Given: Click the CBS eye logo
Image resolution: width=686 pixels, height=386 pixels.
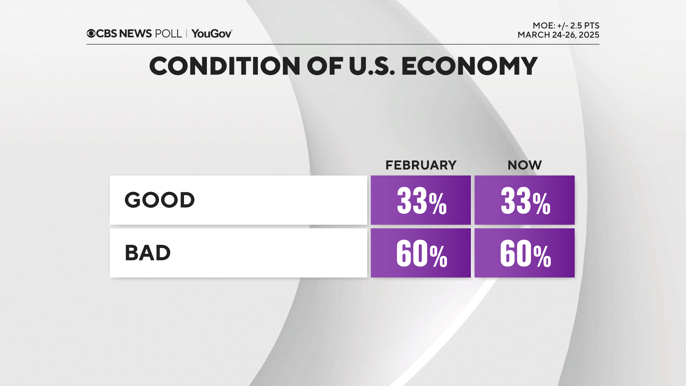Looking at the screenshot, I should [x=91, y=34].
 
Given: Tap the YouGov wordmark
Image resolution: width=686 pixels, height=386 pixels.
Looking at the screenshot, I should [x=212, y=34].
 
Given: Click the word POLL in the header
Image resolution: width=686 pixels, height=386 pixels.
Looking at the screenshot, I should [x=168, y=34].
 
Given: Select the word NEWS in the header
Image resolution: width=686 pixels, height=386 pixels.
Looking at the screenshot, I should [x=135, y=34].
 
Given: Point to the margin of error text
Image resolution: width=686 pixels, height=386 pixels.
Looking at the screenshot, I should [x=566, y=26].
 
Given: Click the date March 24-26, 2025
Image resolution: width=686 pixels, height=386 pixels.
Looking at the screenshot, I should [x=558, y=35].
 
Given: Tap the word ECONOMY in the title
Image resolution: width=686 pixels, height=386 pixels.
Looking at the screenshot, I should [x=469, y=66].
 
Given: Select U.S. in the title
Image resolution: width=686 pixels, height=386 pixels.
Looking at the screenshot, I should [x=372, y=66].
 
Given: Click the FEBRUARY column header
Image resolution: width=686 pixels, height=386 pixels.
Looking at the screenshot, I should [x=421, y=165].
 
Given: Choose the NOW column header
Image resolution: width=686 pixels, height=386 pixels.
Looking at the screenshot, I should [x=525, y=165].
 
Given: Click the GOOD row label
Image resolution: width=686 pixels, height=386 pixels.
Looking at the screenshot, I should [x=159, y=200].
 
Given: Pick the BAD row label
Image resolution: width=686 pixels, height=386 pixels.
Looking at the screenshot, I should [x=148, y=253].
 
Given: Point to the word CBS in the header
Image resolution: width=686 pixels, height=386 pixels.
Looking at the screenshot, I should [x=106, y=34].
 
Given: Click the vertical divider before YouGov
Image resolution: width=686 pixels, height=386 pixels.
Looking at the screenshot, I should [x=187, y=34].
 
